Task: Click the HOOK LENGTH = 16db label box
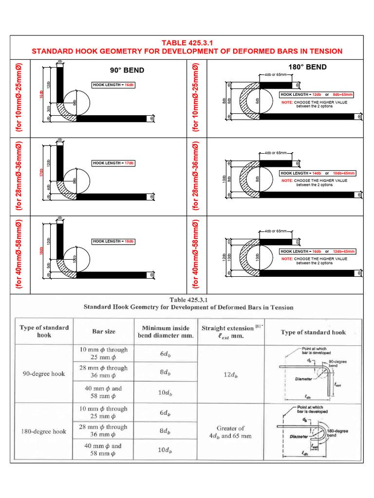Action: (x=113, y=85)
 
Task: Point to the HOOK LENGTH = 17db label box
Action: (x=113, y=163)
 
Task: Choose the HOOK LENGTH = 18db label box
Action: (x=113, y=241)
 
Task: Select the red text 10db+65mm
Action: (x=344, y=173)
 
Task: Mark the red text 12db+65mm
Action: (x=344, y=251)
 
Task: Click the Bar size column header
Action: (x=104, y=332)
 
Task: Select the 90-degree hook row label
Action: (x=44, y=374)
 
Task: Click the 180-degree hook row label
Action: (x=44, y=431)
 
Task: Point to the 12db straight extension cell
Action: (x=228, y=375)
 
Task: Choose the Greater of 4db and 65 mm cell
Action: (x=228, y=432)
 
